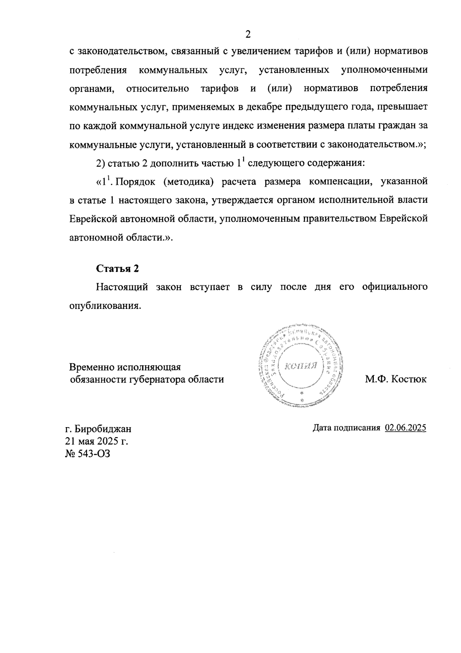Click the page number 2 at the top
[248, 35]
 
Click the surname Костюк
[408, 380]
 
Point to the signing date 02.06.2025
[406, 428]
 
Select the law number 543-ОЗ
[95, 454]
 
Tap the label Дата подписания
[347, 428]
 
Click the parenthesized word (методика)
[188, 182]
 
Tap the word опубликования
[104, 306]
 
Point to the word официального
[395, 287]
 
